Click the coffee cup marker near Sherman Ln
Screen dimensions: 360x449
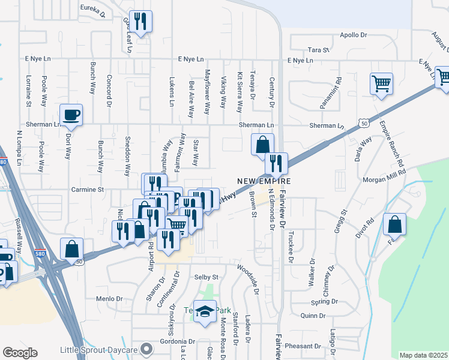tap(71, 115)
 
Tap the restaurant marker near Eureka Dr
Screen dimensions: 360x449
tap(140, 22)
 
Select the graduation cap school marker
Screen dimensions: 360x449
tap(205, 311)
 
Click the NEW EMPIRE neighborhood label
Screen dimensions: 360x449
tap(264, 181)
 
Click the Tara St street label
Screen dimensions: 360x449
tap(319, 50)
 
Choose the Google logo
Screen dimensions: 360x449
tap(20, 353)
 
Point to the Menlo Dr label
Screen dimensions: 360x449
tap(109, 298)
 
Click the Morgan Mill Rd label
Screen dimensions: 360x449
tap(384, 179)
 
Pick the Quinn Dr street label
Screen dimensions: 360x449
tap(313, 316)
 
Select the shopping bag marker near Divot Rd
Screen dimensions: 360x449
tap(395, 225)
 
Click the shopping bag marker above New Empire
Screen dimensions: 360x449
tap(262, 144)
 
